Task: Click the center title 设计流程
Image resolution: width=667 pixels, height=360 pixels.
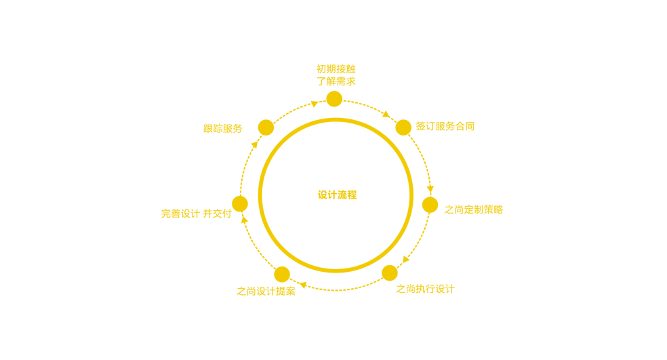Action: tap(337, 195)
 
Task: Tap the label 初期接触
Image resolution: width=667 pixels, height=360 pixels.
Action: tap(336, 69)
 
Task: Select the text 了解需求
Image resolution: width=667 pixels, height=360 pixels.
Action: tap(336, 81)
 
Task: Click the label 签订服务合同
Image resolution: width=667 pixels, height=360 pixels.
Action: tap(445, 126)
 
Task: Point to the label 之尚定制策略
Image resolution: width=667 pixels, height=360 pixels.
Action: tap(473, 209)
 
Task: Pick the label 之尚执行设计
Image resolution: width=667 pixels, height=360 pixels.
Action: tap(425, 289)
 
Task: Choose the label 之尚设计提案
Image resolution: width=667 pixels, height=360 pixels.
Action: tap(266, 291)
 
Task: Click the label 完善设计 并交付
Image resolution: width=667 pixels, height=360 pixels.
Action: tap(196, 214)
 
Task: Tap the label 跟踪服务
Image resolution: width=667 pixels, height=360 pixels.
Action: tap(222, 129)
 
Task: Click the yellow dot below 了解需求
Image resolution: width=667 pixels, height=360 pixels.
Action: tap(334, 99)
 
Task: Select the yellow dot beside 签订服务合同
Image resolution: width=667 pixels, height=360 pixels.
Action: tap(403, 127)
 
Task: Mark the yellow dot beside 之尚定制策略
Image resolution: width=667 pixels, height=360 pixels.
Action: tap(430, 205)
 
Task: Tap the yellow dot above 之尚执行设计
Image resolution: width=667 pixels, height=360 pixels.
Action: tap(390, 273)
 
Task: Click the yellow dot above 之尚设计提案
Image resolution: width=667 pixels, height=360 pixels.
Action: tap(282, 275)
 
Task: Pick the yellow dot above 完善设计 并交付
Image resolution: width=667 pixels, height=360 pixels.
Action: tap(240, 204)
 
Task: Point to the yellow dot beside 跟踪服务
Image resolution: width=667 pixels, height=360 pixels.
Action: tap(266, 127)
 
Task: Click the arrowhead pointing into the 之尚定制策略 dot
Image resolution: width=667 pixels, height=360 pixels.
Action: tap(430, 188)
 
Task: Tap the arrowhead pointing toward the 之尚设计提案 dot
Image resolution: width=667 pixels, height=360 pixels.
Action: tap(303, 285)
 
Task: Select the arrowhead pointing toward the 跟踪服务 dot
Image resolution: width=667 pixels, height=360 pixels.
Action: tap(255, 144)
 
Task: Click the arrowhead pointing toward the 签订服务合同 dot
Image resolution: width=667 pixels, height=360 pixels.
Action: tap(386, 114)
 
